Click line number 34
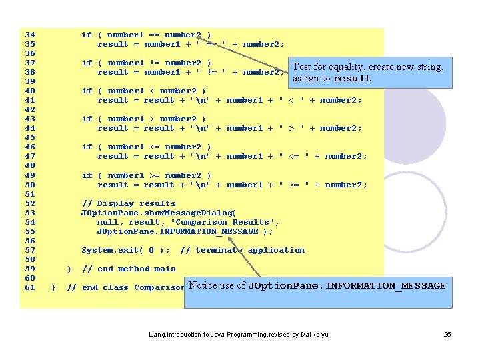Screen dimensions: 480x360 29,35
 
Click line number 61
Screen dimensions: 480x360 29,287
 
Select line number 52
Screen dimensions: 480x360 29,203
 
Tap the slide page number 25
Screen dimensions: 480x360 447,333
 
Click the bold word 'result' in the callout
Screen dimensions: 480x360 351,78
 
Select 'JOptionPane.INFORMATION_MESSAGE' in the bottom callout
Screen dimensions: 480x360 347,286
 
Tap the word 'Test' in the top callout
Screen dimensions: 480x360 303,67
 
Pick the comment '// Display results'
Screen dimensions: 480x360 129,203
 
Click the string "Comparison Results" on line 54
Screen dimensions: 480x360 225,222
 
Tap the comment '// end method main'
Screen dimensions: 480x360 129,269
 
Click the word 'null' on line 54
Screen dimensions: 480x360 108,222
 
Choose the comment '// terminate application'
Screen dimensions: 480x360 242,251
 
